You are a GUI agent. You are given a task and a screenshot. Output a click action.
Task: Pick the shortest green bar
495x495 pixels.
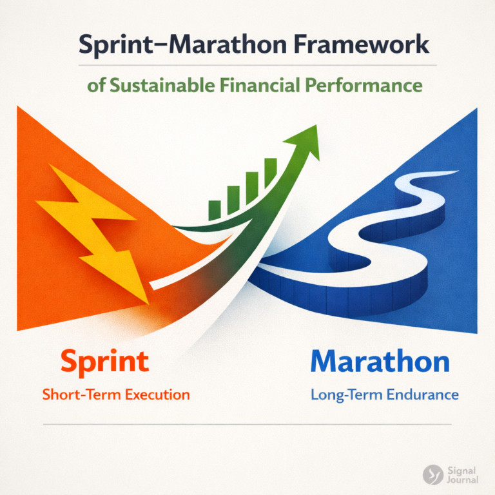pos(215,208)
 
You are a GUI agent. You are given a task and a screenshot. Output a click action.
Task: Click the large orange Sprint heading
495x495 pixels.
pos(104,361)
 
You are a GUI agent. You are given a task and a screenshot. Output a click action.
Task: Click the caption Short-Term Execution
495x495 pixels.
pos(116,394)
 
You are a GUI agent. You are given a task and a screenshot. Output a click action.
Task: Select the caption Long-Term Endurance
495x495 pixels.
pos(385,394)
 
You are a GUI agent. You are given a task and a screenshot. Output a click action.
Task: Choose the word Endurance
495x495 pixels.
pos(422,394)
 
